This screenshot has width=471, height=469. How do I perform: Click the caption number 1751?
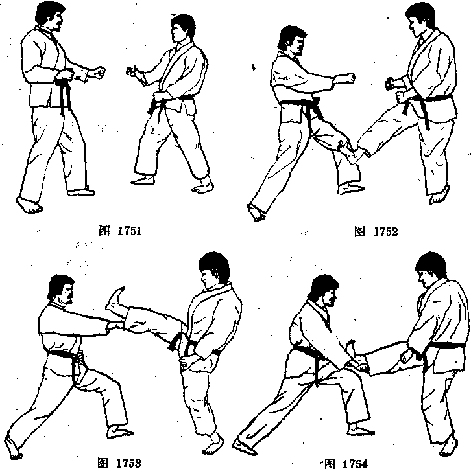click(x=129, y=231)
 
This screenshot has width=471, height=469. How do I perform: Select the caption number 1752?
click(x=385, y=231)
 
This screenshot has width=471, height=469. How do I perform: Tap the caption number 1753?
click(x=128, y=463)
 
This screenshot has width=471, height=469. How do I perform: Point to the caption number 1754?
click(x=355, y=463)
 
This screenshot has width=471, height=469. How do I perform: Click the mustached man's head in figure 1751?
click(x=50, y=16)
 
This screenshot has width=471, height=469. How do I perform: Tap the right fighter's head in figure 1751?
click(x=183, y=28)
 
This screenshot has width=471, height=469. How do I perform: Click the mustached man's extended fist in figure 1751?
click(x=98, y=73)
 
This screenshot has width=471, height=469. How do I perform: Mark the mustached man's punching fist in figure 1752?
click(x=349, y=78)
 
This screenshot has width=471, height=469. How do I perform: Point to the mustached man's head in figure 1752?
click(x=292, y=40)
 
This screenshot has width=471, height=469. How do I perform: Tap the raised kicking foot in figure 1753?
click(x=115, y=300)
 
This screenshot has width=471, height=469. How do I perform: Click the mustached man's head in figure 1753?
click(x=61, y=290)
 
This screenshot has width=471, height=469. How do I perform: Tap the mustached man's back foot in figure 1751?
click(x=29, y=205)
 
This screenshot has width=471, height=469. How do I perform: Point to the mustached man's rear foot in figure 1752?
click(x=256, y=212)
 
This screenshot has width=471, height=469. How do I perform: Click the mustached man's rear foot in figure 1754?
click(x=245, y=446)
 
